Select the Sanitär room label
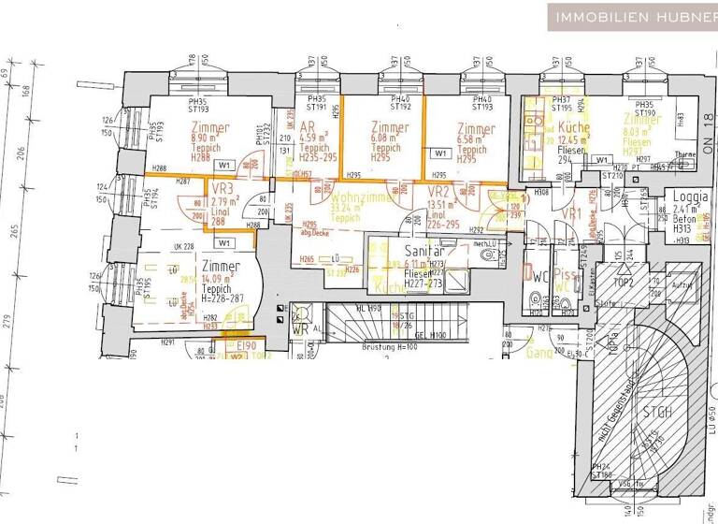tap(422, 251)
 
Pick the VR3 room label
tap(222, 186)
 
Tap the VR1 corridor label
tap(573, 213)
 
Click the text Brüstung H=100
tap(390, 346)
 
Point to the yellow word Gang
tap(538, 354)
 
